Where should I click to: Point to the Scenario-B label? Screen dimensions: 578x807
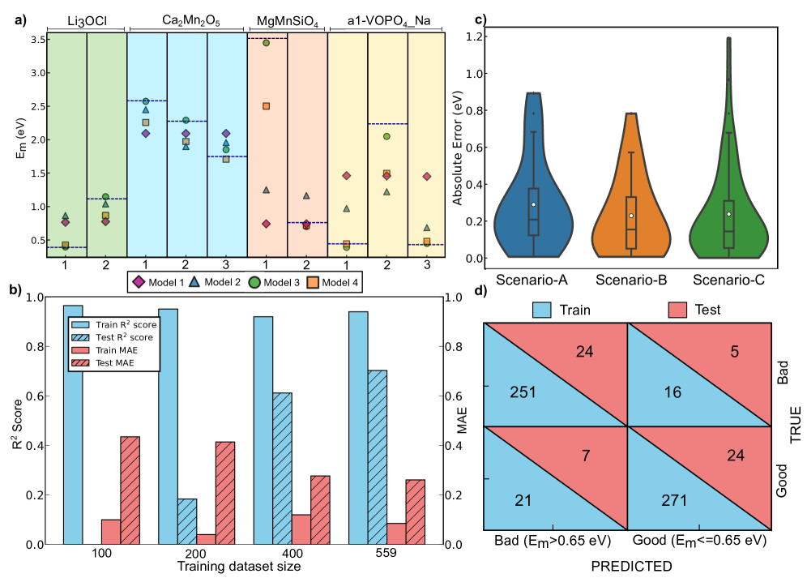pyautogui.click(x=631, y=280)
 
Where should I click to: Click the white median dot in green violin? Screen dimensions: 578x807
pyautogui.click(x=728, y=214)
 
